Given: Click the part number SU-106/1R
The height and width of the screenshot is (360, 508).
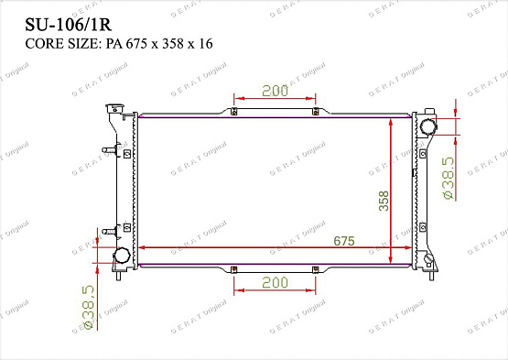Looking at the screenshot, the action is click(x=69, y=25).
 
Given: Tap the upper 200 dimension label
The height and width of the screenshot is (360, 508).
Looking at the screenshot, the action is click(x=275, y=91).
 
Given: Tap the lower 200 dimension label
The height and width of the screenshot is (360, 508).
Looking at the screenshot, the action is click(x=275, y=282).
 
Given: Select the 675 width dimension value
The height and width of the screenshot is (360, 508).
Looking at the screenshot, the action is click(x=344, y=241).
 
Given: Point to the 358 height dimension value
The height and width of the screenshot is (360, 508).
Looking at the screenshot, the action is click(x=384, y=201).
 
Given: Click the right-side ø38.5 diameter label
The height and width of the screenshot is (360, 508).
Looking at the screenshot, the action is click(x=449, y=178).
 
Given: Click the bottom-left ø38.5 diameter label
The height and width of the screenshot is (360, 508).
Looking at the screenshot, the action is click(x=88, y=307).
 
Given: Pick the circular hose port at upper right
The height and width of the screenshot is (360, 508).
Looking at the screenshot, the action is click(x=427, y=126).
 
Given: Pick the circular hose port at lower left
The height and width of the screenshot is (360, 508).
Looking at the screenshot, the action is click(x=122, y=256).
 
